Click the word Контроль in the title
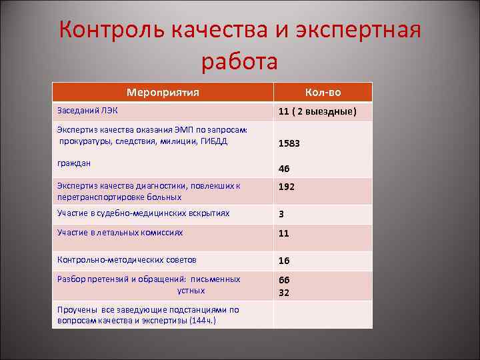[x=113, y=31]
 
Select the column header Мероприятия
[x=163, y=93]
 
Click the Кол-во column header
[x=323, y=93]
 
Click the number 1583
[x=290, y=143]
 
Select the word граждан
[x=74, y=163]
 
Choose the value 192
[x=287, y=187]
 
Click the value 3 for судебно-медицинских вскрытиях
[x=281, y=215]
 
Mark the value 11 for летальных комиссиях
[x=284, y=234]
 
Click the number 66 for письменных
[x=285, y=280]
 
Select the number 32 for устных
[x=285, y=292]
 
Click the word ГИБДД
[x=213, y=141]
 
